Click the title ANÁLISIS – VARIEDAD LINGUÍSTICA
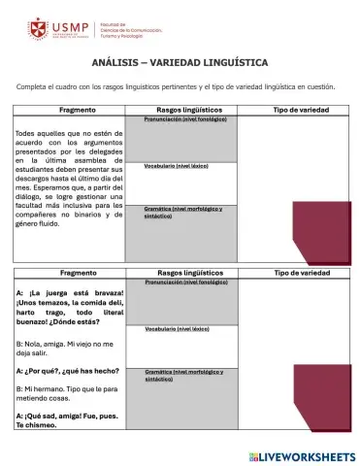click(x=180, y=62)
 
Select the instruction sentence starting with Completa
click(x=176, y=87)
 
